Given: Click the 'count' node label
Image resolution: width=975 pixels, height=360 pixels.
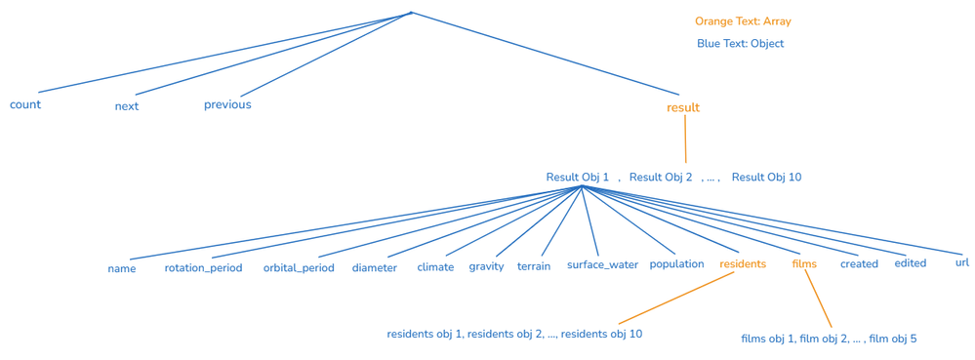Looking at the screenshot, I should tap(25, 104).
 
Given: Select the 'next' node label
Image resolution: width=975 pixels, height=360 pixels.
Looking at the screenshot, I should tap(127, 106).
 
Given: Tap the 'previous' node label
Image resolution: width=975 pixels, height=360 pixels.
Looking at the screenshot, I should tap(227, 104).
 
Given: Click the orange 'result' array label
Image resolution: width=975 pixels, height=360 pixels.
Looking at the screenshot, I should tap(683, 107).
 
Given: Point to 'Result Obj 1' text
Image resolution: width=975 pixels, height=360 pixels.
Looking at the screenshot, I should tap(577, 178).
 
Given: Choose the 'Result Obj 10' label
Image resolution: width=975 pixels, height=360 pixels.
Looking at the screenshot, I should tap(766, 178).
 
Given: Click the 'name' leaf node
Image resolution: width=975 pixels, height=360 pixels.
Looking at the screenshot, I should tap(122, 268).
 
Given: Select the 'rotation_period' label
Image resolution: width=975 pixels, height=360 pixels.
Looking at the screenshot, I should tap(203, 267).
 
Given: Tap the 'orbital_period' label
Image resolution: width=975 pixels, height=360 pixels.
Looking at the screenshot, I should tap(299, 267).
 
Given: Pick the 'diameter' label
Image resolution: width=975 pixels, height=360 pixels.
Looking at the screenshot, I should tap(375, 267).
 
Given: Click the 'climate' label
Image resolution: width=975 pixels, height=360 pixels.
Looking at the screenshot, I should tap(435, 267).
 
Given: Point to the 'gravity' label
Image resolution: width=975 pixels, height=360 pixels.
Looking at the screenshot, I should tap(486, 266).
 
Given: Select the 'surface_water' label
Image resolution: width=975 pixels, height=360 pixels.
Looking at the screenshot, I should tap(602, 264).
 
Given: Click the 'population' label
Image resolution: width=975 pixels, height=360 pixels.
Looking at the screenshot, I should tap(676, 264).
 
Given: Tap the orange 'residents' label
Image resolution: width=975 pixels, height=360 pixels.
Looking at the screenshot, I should tap(743, 264).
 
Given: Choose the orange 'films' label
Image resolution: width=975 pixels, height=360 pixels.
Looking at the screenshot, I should tap(804, 263).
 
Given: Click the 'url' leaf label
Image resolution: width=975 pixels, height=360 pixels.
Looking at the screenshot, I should tap(962, 262).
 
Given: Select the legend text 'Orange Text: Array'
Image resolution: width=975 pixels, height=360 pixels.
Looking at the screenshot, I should tap(743, 21).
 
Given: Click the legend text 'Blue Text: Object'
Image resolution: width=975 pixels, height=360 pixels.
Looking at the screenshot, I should tap(740, 44).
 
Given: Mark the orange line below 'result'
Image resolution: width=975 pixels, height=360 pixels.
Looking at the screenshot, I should tap(685, 140).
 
